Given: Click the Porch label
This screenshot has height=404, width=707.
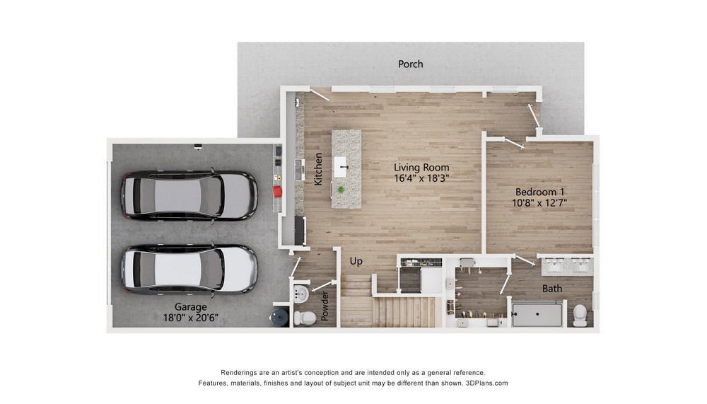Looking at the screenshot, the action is (x=410, y=64).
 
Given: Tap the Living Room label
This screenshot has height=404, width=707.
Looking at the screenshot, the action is (x=421, y=167).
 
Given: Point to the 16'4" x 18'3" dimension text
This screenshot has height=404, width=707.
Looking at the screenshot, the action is (x=421, y=178).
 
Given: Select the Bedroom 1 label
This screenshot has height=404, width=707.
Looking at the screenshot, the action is (x=539, y=192).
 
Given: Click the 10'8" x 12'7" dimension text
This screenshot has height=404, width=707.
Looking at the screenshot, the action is (x=539, y=203).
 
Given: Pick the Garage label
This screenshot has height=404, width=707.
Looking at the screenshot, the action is (x=191, y=307).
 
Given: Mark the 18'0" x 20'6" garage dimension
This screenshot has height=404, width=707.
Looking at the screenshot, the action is (x=191, y=318).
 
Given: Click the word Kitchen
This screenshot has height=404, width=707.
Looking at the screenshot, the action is (x=318, y=169).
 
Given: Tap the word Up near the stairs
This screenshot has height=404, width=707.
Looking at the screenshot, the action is (x=356, y=261).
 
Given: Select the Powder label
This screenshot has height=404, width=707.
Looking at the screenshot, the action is (x=325, y=306).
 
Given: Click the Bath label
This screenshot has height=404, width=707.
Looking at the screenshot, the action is (x=552, y=289).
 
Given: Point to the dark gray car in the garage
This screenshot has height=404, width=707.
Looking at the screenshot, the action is (x=189, y=195).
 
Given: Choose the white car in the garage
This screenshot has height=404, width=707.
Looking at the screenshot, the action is (x=189, y=269).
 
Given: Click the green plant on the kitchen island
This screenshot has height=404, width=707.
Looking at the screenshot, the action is (x=341, y=190).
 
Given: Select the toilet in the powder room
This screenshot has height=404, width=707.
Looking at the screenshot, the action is (x=305, y=318).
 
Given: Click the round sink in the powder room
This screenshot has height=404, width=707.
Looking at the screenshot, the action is (x=300, y=295).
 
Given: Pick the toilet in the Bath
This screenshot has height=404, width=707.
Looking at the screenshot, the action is (x=580, y=315).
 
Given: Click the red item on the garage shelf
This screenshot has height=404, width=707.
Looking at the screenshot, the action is (x=278, y=192).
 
